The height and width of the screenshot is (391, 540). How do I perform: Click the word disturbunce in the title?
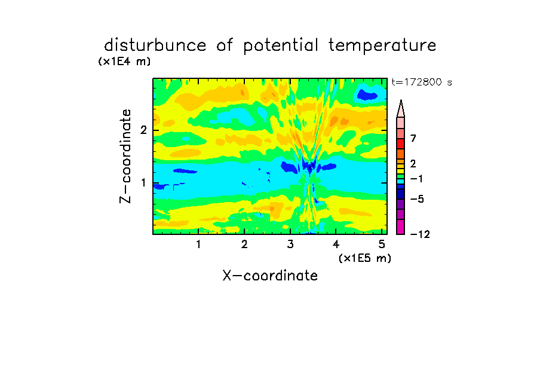click(x=155, y=45)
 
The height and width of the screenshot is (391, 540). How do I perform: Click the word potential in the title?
click(x=281, y=46)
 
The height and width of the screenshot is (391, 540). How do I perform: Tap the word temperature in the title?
click(x=382, y=45)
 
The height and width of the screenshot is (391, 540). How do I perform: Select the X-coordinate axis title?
click(x=270, y=276)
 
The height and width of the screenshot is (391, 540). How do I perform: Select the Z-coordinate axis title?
click(x=125, y=156)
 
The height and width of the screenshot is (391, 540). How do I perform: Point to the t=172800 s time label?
click(x=422, y=82)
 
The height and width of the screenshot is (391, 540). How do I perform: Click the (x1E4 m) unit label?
click(x=124, y=62)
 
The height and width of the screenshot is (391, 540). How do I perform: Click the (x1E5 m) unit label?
click(x=365, y=258)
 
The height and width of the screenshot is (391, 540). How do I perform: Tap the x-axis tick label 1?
click(x=198, y=245)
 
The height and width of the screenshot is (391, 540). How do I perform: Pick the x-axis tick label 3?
click(x=290, y=245)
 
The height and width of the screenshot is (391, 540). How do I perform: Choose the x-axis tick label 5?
click(x=382, y=245)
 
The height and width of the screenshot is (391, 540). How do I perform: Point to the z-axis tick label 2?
click(x=143, y=130)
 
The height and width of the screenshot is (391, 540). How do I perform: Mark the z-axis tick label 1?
click(x=143, y=183)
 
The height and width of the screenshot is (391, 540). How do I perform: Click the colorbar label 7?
click(x=413, y=139)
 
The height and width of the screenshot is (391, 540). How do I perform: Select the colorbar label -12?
click(x=420, y=234)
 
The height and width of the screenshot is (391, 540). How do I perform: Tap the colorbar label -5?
click(x=417, y=199)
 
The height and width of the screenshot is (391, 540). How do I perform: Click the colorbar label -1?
click(x=416, y=179)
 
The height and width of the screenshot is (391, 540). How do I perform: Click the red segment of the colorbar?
click(x=401, y=143)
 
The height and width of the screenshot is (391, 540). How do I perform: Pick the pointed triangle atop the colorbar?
click(x=401, y=108)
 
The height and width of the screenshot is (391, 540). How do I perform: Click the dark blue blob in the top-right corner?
click(x=367, y=94)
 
